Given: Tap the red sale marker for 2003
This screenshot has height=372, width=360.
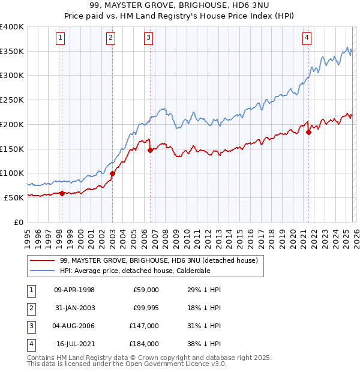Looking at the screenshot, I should point(112,173).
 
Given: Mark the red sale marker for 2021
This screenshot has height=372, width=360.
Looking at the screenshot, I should point(308,133).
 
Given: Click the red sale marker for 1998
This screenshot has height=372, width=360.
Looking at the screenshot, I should point(62,193).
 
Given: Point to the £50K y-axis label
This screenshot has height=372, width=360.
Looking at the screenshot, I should point(14,197).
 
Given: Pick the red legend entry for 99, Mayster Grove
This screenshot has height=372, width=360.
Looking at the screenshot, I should point(158,260).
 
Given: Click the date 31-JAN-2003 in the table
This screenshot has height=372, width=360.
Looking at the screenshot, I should point(75,308).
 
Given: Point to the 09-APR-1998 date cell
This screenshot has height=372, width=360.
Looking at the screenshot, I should point(75,290).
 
